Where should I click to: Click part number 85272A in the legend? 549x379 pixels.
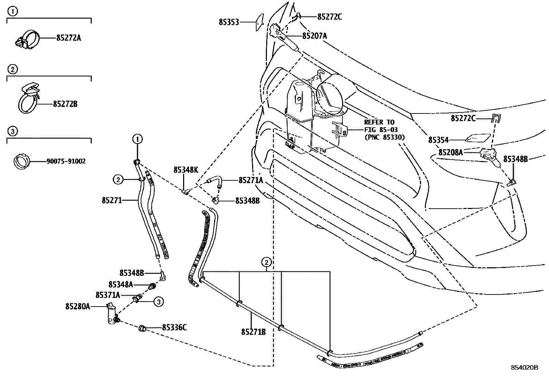click(x=69, y=38)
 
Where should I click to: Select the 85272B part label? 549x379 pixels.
click(x=65, y=104)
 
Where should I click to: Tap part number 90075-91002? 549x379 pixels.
click(x=66, y=161)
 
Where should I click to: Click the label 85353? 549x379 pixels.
click(x=229, y=22)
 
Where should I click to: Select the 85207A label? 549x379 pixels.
click(x=315, y=36)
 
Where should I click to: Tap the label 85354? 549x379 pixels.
click(x=438, y=140)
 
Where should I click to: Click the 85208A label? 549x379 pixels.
click(x=450, y=152)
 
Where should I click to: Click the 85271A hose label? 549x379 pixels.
click(x=251, y=180)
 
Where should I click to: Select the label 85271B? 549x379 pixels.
click(x=253, y=332)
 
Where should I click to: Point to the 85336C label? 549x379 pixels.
click(x=174, y=328)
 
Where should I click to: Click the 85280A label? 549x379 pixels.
click(x=78, y=306)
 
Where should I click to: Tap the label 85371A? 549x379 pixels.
click(x=108, y=295)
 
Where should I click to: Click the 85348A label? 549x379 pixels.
click(x=121, y=285)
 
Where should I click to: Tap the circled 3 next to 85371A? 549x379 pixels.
click(x=158, y=302)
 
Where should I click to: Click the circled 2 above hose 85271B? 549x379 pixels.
click(x=266, y=262)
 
